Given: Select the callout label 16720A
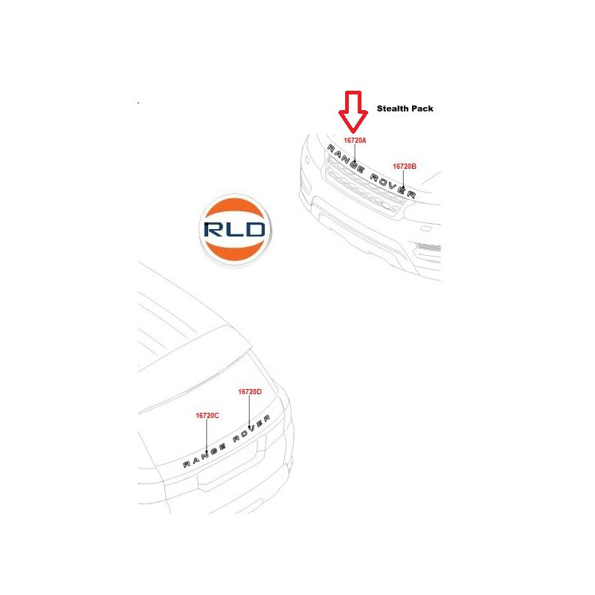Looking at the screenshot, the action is click(x=355, y=141).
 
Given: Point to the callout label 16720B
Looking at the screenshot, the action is click(x=404, y=166).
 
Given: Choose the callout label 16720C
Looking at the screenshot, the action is click(x=208, y=416).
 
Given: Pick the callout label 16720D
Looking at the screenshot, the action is click(x=250, y=392).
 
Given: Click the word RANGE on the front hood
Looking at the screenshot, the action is click(x=345, y=158).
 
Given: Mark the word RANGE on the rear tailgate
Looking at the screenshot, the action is click(x=204, y=455).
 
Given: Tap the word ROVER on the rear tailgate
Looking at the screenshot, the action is click(x=251, y=428).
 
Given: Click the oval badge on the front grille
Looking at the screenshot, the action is click(x=387, y=205).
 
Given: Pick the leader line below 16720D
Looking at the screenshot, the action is click(x=249, y=411).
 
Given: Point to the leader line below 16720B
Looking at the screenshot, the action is click(x=403, y=178).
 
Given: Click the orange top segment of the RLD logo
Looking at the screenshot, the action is click(x=234, y=209).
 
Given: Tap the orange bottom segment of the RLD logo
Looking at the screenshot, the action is click(x=234, y=250).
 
